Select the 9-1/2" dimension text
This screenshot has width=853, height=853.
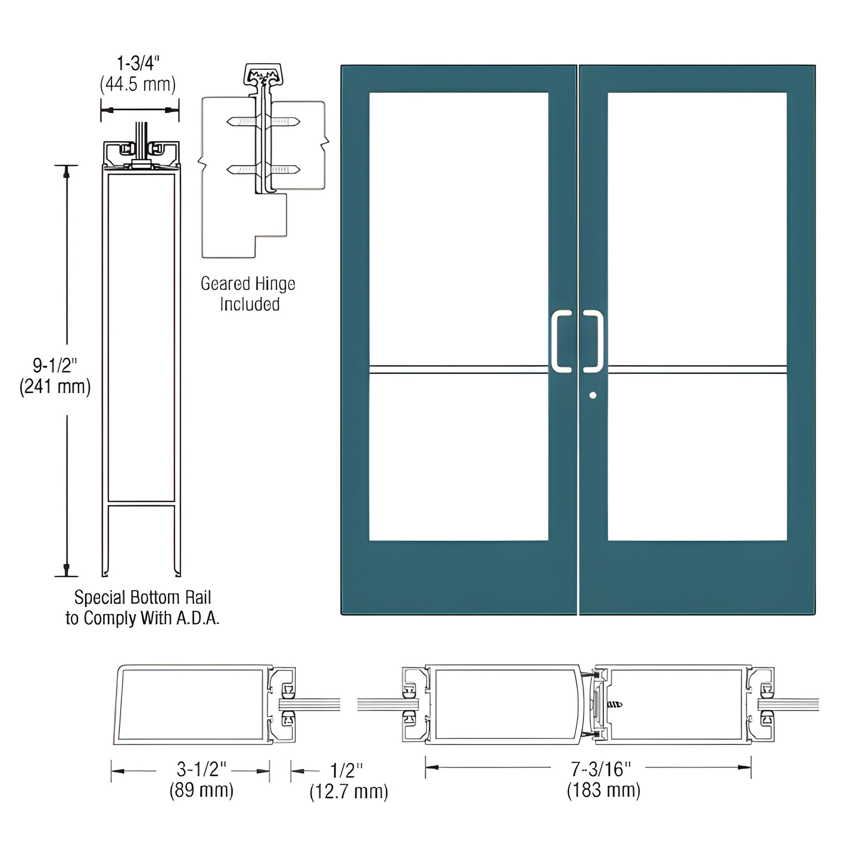55,366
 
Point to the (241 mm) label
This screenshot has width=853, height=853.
55,387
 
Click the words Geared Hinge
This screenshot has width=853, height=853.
248,284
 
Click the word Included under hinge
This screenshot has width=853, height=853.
249,305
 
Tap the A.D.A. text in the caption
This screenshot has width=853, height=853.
198,618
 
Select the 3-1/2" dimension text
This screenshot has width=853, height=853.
201,770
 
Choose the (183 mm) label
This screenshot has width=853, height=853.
603,790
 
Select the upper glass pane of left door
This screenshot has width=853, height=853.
458,227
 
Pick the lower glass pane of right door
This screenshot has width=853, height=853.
697,457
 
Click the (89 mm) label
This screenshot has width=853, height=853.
201,790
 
